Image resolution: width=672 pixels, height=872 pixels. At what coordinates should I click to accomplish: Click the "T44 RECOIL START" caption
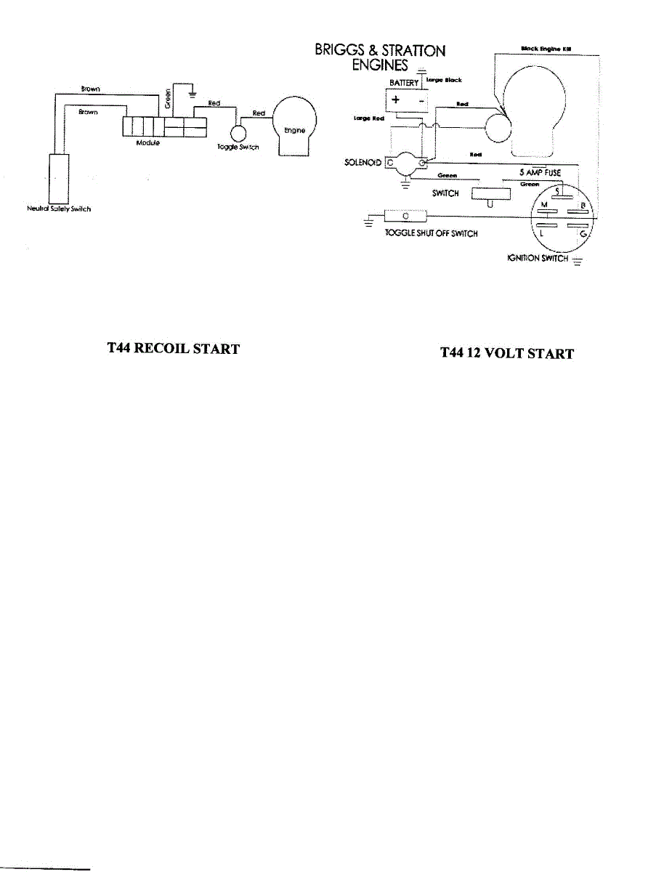pos(173,349)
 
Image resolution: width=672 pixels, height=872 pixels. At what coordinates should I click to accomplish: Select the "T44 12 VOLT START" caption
pos(507,354)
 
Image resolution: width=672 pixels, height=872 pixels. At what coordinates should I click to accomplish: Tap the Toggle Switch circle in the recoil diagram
pos(238,133)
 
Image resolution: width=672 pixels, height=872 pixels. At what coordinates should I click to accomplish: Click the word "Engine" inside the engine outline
pos(294,130)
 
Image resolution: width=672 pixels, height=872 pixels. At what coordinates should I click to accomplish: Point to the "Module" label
pos(148,143)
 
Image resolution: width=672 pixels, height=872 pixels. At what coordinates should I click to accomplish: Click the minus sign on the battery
pos(421,101)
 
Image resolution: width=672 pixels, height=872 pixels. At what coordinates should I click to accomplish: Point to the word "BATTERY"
pos(404,84)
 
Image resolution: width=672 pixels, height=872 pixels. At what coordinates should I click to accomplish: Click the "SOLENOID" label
pos(363,163)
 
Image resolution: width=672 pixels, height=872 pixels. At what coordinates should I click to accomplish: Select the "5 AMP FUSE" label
pos(540,173)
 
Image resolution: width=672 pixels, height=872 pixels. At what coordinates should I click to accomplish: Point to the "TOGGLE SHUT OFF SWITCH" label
pos(431,234)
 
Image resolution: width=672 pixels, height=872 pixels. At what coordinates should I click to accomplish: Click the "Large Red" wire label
pos(363,119)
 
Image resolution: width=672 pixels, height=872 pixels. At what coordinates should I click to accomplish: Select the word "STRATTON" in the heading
pos(411,51)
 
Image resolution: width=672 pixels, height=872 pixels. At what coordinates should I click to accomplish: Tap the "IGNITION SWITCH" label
pos(538,259)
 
